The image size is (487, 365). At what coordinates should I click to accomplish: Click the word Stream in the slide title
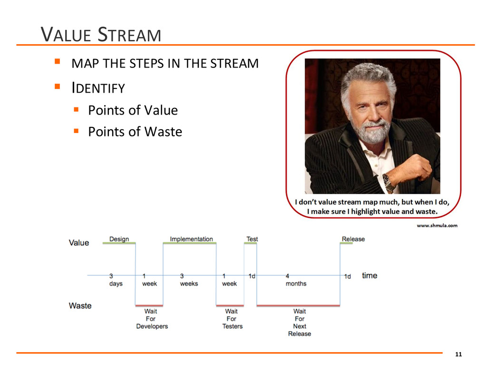tap(129, 34)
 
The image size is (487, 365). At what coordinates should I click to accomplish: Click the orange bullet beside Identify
tap(57, 86)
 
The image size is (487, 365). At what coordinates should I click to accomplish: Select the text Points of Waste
tap(135, 132)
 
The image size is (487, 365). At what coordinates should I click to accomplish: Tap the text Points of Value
tap(133, 110)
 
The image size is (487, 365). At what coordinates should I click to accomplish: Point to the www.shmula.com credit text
tap(437, 226)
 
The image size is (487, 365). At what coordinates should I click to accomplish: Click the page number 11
tap(458, 355)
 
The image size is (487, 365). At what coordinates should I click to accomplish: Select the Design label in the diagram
tap(119, 239)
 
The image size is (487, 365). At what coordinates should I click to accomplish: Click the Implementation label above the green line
tap(191, 239)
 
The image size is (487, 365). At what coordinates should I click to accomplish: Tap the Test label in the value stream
tap(252, 239)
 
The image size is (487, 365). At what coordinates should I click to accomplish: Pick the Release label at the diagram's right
tap(353, 239)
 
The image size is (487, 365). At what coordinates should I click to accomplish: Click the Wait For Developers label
tap(152, 319)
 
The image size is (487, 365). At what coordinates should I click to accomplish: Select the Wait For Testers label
tap(232, 319)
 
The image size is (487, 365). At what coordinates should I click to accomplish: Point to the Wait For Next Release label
tap(300, 323)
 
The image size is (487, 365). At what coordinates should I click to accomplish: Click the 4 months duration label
tap(296, 280)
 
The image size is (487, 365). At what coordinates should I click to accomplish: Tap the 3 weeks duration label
tap(189, 280)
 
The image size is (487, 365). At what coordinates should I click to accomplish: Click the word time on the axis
tap(370, 276)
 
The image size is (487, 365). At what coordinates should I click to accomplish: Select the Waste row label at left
tap(80, 306)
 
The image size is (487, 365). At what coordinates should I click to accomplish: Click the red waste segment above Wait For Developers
tap(149, 306)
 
